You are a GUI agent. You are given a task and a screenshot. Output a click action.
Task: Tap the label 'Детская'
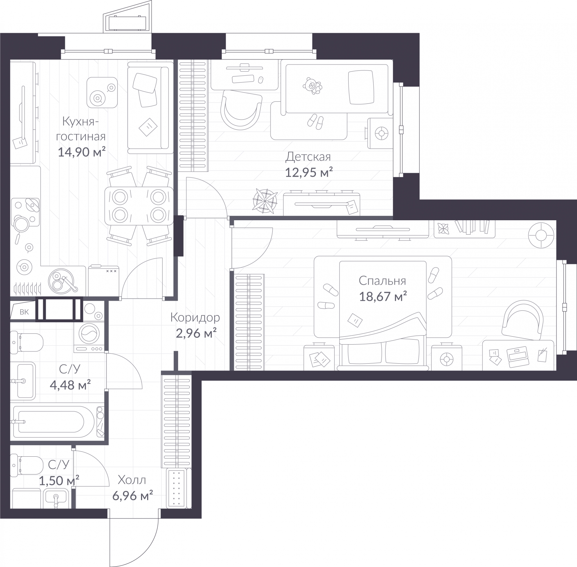[308, 157]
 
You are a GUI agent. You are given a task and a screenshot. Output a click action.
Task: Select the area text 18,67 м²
[383, 297]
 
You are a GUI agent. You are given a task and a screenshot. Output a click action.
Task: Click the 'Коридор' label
[195, 318]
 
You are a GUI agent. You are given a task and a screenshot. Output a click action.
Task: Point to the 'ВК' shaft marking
[24, 312]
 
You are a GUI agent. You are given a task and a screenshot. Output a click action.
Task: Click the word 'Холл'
[132, 480]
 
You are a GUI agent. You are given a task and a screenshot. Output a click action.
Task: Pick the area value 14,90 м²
[82, 152]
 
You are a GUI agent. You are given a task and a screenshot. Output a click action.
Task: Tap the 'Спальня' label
[382, 280]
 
